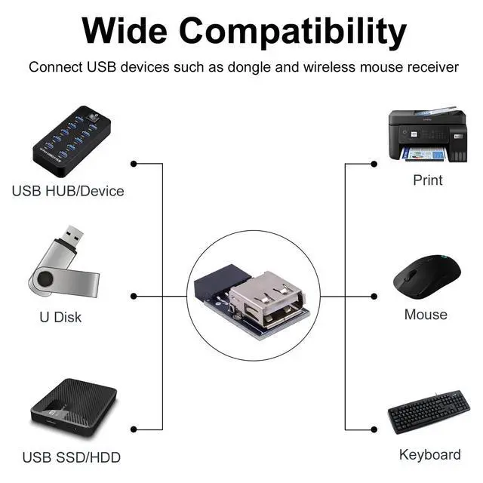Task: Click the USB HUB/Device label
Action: [68, 191]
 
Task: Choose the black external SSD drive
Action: [73, 411]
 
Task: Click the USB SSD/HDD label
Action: [71, 457]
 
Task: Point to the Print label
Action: [428, 180]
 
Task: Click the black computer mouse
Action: [426, 276]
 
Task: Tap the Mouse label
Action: [426, 315]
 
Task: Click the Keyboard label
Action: [429, 454]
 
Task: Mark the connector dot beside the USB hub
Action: [134, 164]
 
